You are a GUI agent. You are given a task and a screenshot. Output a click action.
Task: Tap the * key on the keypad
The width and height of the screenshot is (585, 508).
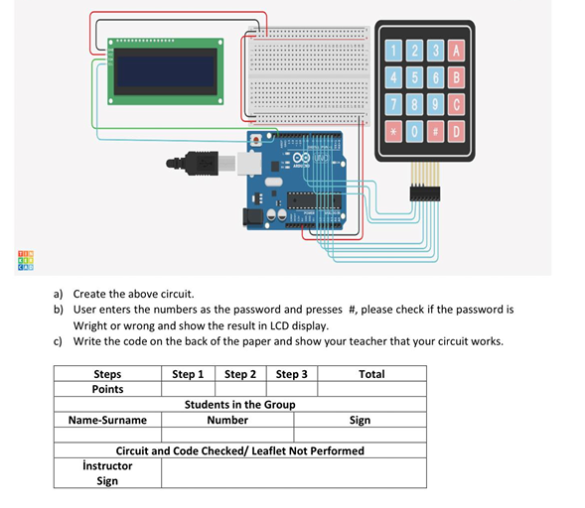(x=393, y=130)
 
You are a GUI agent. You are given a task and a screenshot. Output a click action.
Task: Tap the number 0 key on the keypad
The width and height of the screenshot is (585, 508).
(x=415, y=130)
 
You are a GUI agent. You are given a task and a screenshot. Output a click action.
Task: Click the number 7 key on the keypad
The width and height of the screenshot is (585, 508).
(x=393, y=104)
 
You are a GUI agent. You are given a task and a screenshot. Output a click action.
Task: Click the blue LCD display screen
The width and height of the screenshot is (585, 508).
(x=165, y=70)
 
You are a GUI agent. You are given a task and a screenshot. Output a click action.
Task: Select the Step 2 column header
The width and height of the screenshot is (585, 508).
(x=239, y=374)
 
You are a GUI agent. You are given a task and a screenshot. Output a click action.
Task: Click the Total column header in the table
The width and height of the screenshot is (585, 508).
(x=371, y=374)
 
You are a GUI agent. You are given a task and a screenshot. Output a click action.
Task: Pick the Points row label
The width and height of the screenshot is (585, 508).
(x=107, y=389)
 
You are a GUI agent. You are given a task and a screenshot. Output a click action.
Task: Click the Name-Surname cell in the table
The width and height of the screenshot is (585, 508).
(x=107, y=420)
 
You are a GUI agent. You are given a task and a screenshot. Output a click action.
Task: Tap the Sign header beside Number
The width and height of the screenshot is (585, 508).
(x=360, y=420)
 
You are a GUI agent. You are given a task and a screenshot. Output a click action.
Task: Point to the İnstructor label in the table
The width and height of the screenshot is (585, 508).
(x=107, y=465)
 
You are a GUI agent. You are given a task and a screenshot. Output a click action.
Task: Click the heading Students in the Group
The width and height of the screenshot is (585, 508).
(x=239, y=404)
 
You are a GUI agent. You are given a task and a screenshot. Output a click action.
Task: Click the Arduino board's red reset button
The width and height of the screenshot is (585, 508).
(x=259, y=139)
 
